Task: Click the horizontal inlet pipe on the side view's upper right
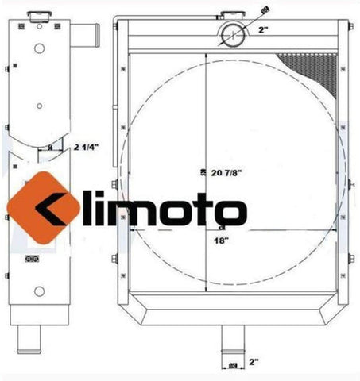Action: coord(89,35)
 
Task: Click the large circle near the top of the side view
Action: coord(37,47)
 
